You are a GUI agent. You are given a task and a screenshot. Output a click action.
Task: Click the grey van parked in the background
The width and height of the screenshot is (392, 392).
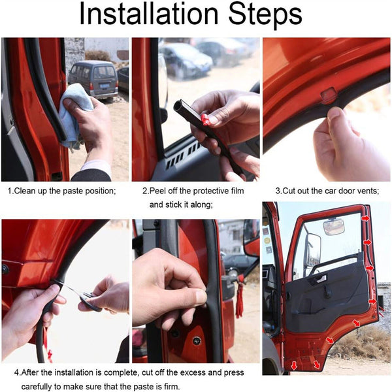[x=93, y=78]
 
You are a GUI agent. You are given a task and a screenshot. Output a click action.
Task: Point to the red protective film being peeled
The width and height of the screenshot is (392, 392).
[x=207, y=120]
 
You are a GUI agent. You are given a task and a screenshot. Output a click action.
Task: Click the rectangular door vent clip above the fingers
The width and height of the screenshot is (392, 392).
[x=329, y=93]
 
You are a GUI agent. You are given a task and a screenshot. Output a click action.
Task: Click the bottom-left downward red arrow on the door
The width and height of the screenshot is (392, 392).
[x=294, y=365]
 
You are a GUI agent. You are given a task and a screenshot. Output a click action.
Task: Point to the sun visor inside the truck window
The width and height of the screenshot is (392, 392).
[x=333, y=227]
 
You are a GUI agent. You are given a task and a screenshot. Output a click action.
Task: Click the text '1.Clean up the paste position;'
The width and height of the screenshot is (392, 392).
[x=61, y=191]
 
